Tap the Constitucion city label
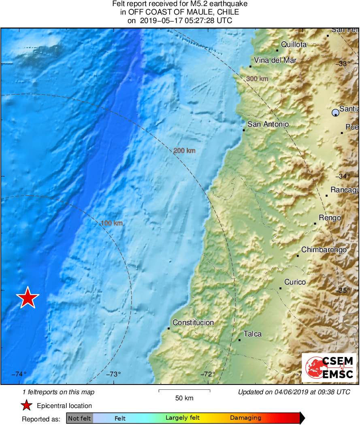193,323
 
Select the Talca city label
252,334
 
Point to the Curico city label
295,282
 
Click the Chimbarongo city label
324,250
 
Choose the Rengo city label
330,218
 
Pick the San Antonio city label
268,124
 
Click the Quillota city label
294,45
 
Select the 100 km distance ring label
112,223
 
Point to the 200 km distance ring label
184,151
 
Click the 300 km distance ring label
257,79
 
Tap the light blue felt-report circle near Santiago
335,113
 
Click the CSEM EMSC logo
329,368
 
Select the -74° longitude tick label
19,374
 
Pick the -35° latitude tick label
344,290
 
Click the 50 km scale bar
184,391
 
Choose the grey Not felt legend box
79,418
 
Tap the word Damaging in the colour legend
245,418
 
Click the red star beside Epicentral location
27,406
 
